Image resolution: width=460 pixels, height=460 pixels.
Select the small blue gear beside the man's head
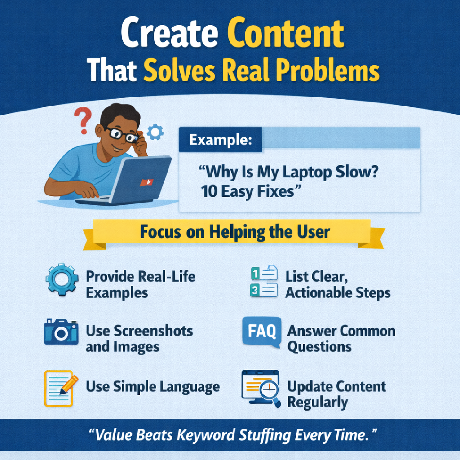(155, 131)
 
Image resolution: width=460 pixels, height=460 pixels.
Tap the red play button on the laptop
(146, 182)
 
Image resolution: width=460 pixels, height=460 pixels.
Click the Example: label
(220, 140)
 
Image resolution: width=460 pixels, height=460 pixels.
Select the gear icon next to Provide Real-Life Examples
(62, 280)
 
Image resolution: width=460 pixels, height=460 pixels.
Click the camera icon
(61, 332)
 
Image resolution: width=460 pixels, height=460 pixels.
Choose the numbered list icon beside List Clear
(263, 282)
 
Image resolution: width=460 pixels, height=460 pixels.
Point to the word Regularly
(318, 402)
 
